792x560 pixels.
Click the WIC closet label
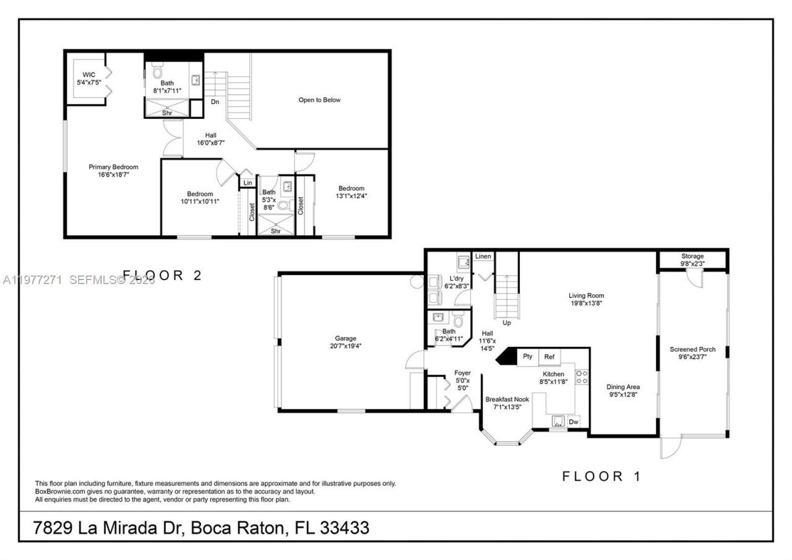(x=88, y=79)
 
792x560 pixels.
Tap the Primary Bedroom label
(x=113, y=171)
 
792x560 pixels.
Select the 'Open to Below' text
(x=319, y=100)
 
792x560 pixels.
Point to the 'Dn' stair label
(x=215, y=102)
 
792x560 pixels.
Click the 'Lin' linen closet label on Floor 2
(x=247, y=183)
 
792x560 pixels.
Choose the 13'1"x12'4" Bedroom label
(x=351, y=192)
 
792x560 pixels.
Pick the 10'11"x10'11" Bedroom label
(x=200, y=198)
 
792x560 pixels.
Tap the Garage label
(x=345, y=342)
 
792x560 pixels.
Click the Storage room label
(x=692, y=260)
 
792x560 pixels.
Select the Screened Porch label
(x=692, y=353)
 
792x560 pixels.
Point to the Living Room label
(x=586, y=299)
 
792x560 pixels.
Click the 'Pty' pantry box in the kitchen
(x=528, y=357)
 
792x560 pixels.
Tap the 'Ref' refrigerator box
(x=549, y=357)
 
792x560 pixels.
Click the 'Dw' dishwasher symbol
(x=574, y=422)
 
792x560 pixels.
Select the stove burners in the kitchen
(x=582, y=378)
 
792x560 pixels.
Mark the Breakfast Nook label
(x=507, y=403)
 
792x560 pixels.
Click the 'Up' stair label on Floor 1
(x=507, y=323)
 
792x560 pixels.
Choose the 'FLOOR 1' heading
(x=601, y=476)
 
